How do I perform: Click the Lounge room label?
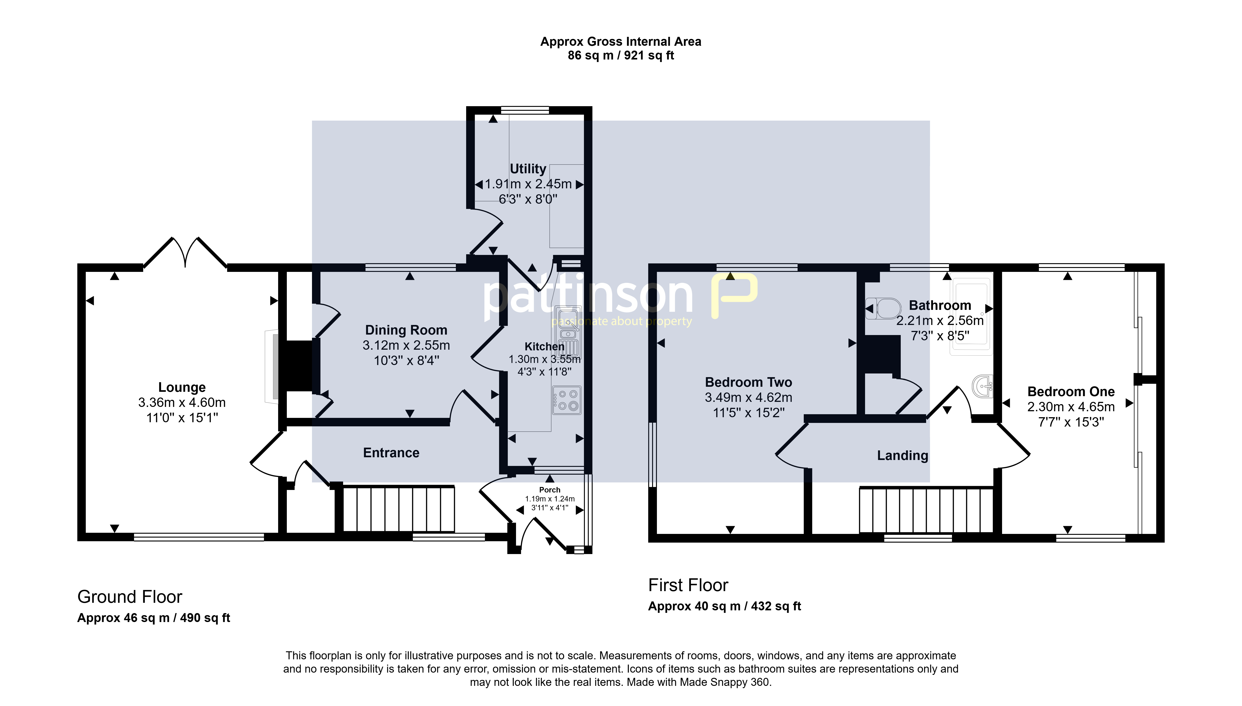182,387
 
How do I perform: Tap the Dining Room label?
406,330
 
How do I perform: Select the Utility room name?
528,169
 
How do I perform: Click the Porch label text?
550,490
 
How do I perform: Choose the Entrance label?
391,453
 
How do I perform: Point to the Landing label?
902,456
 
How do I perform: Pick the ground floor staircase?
399,509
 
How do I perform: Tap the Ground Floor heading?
130,597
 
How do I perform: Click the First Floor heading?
688,585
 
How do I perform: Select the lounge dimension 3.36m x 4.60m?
182,403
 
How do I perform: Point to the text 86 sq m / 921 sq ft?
621,55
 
